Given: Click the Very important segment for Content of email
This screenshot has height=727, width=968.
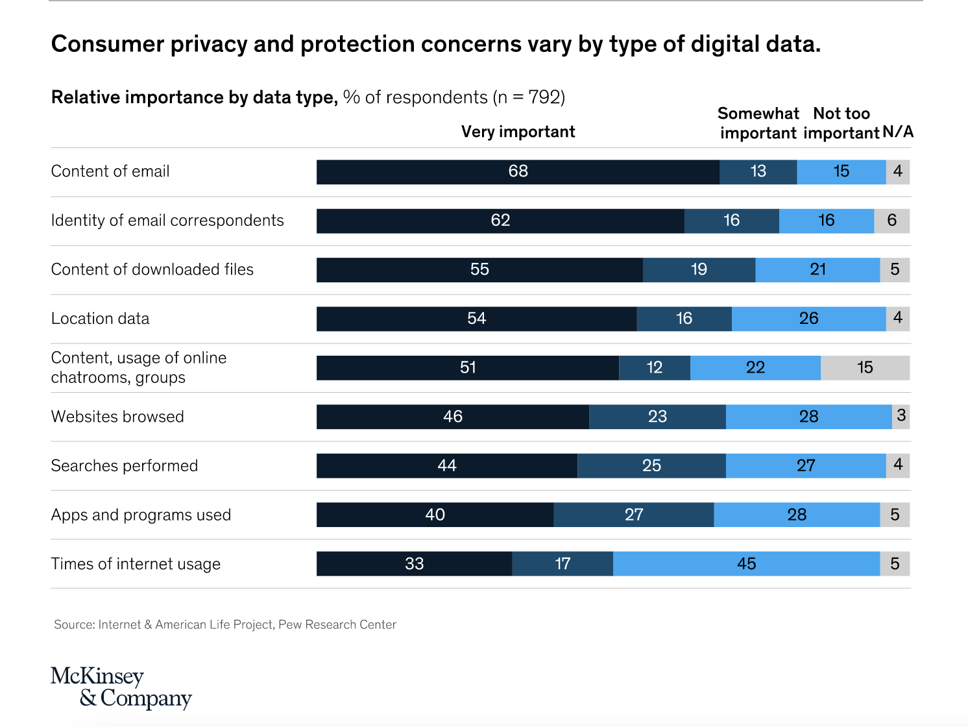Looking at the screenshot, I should point(518,172).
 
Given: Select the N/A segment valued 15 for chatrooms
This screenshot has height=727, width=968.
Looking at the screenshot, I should point(865,368).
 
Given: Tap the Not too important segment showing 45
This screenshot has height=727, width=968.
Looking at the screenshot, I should point(746,564).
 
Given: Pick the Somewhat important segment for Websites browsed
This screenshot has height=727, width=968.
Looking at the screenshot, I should point(657,417).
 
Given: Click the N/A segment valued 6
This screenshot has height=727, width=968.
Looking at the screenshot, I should point(892,221).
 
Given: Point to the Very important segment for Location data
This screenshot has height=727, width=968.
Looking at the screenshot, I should point(476,319).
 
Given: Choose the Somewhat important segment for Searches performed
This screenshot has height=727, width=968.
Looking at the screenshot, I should point(651,466).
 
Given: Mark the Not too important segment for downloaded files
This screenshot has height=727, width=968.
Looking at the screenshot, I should point(817,270).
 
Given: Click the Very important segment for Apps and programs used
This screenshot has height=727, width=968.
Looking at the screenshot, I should point(435,515).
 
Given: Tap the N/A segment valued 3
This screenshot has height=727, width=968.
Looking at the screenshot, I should point(901,417).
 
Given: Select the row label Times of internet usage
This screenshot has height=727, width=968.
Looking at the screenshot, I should point(136,564).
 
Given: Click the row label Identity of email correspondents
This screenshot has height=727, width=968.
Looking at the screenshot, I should point(167,221).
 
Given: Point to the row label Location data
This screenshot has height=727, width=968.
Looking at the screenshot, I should point(100,319).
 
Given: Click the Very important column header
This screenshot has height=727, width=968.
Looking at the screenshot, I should point(518,132).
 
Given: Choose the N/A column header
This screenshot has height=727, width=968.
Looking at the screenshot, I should point(898,132).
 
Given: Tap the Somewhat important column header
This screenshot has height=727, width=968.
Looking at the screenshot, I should point(758,123).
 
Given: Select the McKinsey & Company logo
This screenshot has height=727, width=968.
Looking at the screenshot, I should point(121,687).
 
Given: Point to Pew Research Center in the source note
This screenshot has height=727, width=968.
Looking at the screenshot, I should point(337,624).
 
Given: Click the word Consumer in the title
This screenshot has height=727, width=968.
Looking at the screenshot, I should point(107,44).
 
